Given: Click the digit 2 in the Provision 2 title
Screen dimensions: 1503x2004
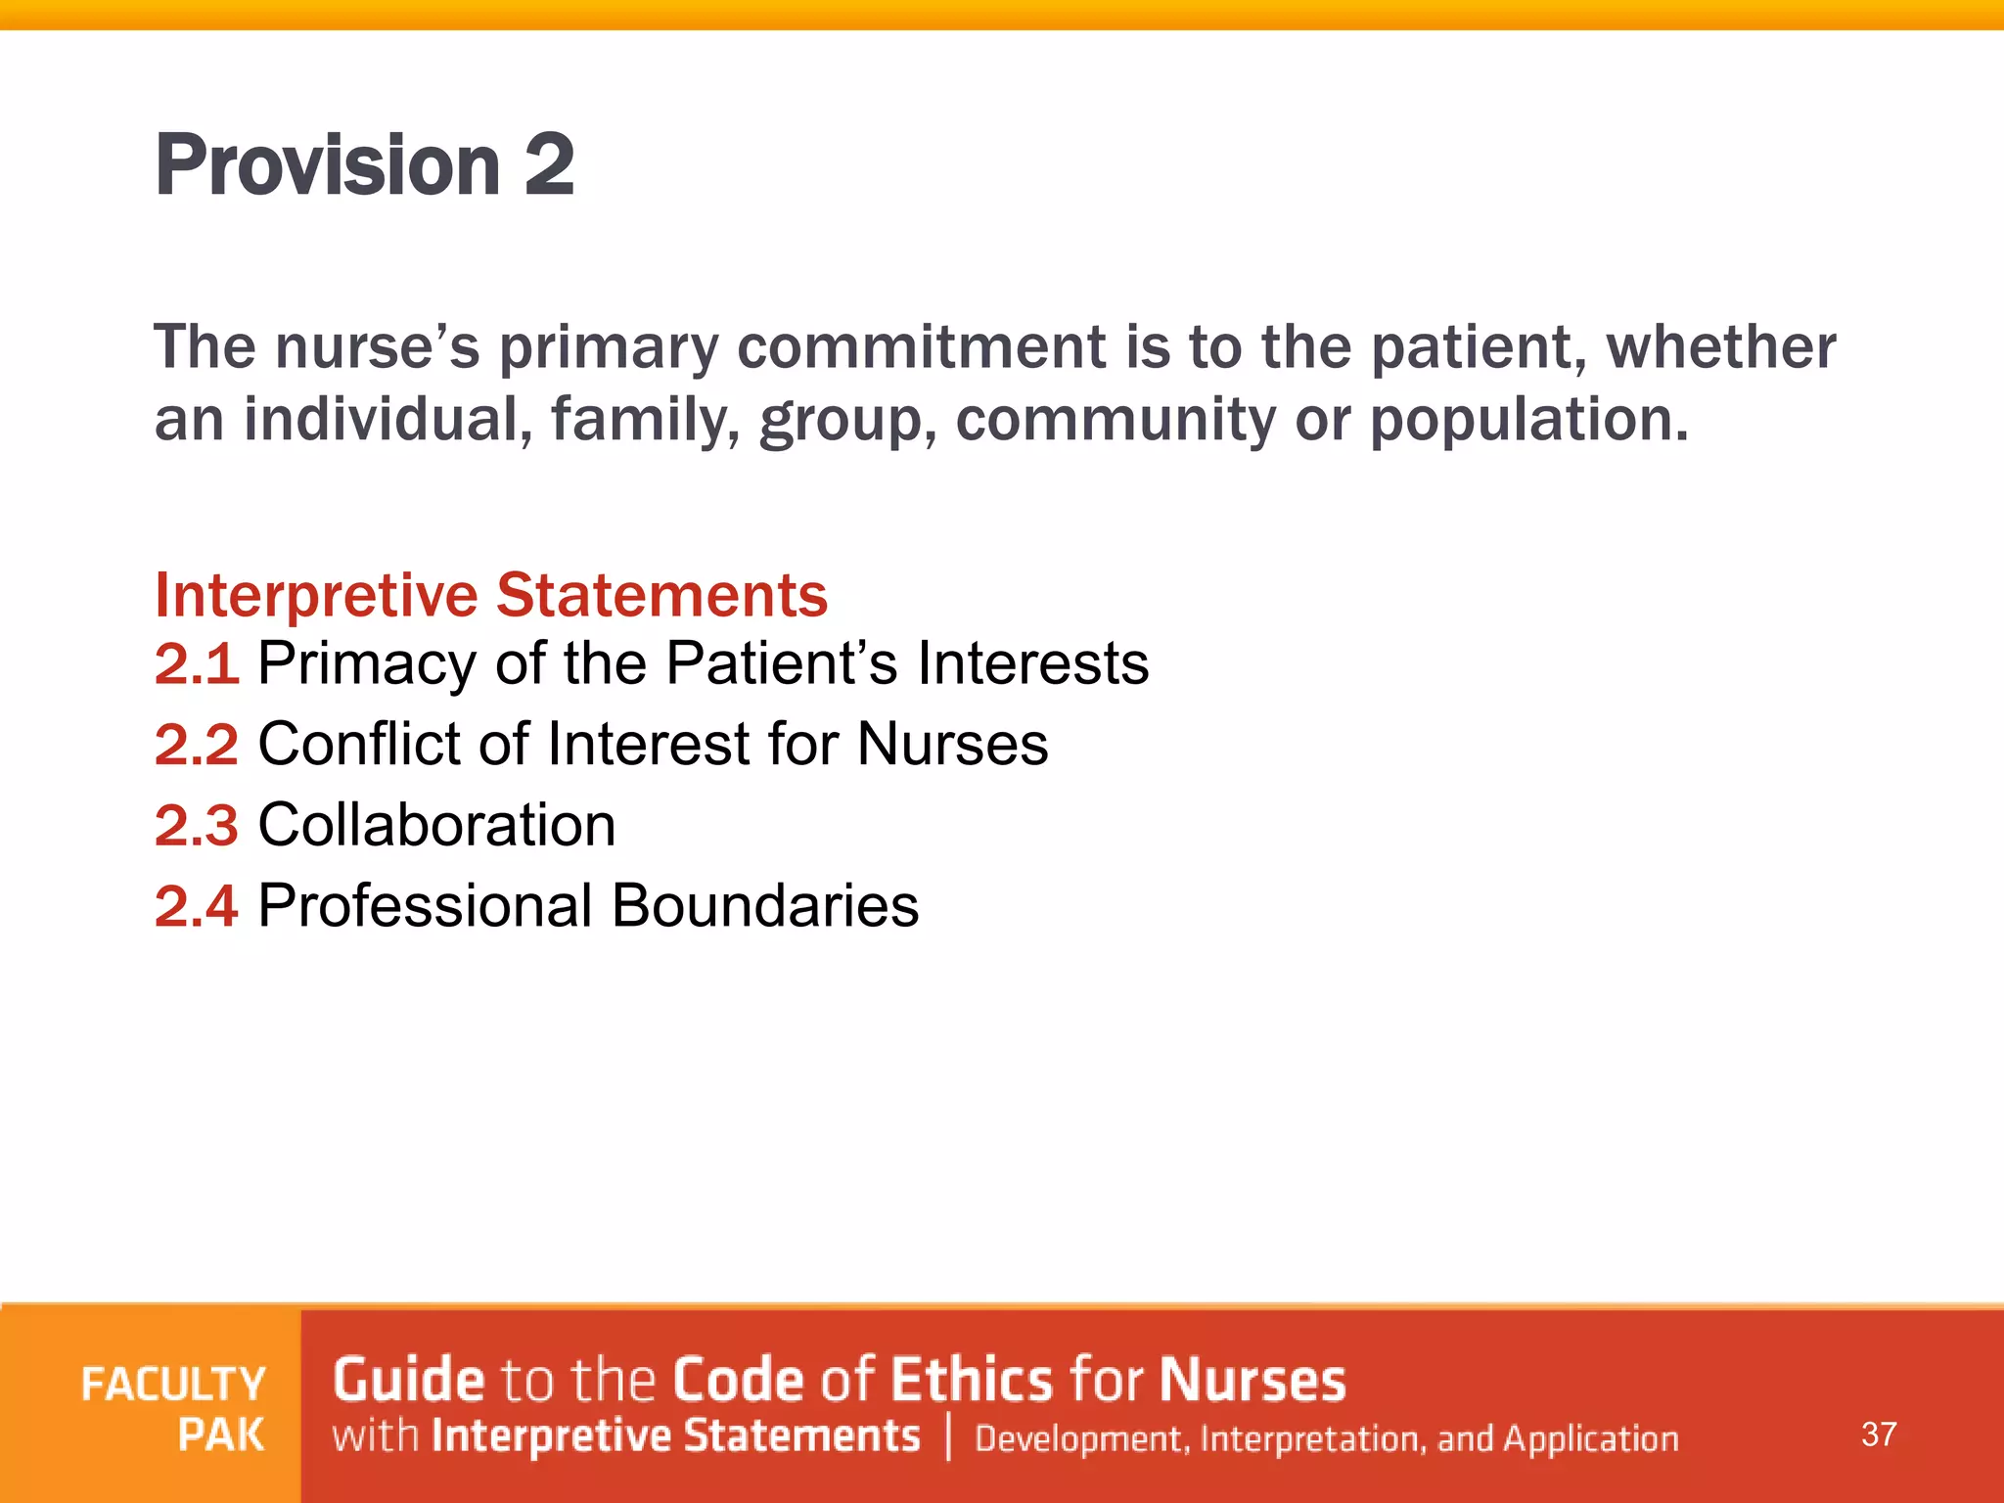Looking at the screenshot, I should tap(549, 164).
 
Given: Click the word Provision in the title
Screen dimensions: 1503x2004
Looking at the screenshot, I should tap(328, 164).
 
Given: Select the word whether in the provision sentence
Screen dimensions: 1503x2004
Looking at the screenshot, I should tap(1721, 346).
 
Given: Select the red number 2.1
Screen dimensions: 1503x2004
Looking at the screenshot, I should tap(197, 663).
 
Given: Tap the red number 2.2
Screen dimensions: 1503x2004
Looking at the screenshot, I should tap(197, 745).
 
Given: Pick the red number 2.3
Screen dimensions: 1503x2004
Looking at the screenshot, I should tap(197, 825).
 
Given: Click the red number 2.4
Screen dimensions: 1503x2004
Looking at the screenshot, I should tap(197, 906).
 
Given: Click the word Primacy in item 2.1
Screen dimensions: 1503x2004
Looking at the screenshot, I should tap(367, 663).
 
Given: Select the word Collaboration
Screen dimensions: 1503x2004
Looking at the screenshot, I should tap(436, 825).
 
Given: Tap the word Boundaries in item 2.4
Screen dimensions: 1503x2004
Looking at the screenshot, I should tap(765, 906).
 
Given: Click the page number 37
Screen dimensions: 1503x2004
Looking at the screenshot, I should tap(1879, 1435).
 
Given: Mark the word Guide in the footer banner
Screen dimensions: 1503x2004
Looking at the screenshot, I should tap(408, 1380).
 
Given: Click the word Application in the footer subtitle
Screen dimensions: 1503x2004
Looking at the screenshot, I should tap(1591, 1438).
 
